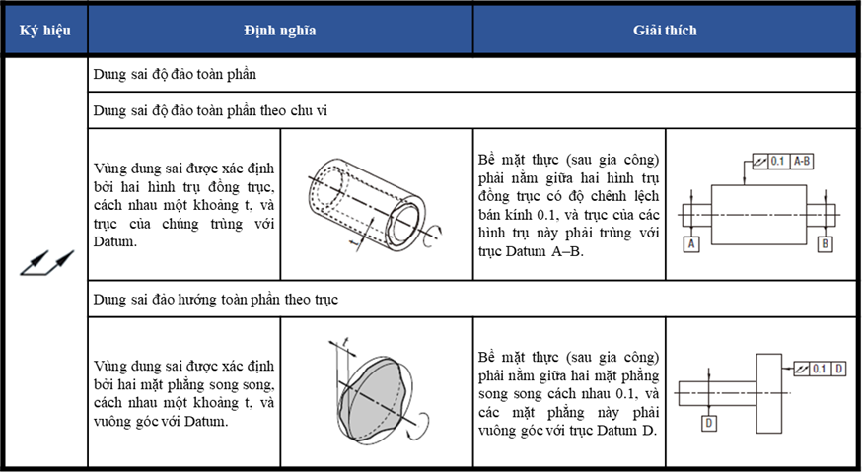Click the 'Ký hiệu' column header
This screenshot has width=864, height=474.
[45, 30]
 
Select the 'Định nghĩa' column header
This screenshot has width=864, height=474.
[280, 30]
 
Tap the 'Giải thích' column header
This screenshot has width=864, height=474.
[665, 30]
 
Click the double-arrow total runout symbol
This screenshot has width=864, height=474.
[46, 262]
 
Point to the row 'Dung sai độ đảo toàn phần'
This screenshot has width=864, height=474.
[175, 74]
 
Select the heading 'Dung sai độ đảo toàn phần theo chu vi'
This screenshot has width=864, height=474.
[210, 110]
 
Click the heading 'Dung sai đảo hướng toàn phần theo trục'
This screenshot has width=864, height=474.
[215, 300]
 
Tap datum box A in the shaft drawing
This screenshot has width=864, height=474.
[691, 243]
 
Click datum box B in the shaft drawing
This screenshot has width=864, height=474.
[825, 243]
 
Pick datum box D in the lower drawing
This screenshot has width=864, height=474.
[708, 424]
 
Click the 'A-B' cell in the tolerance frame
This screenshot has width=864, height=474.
[802, 162]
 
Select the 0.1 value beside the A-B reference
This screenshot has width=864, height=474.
[777, 162]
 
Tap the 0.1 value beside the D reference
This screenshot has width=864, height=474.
[820, 369]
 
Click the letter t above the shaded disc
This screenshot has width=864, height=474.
[345, 342]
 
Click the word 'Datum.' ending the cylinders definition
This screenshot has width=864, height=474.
[114, 241]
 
